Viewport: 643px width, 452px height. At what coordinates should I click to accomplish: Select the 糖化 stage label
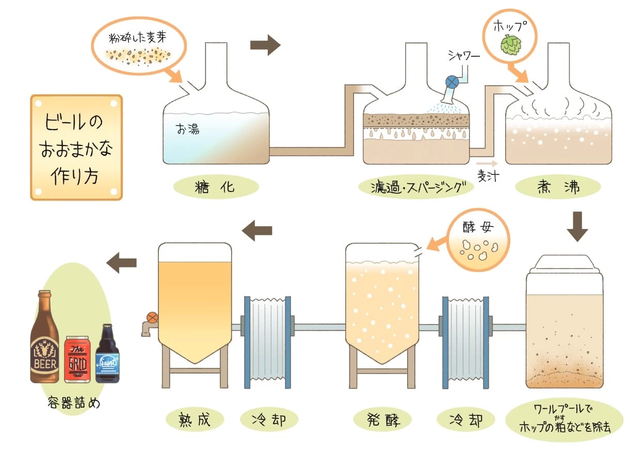pyautogui.click(x=215, y=187)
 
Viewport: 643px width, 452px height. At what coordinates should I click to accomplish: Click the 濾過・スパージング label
pyautogui.click(x=416, y=187)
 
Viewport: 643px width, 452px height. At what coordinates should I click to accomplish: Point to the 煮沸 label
pyautogui.click(x=559, y=187)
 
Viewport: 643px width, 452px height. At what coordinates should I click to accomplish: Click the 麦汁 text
pyautogui.click(x=487, y=175)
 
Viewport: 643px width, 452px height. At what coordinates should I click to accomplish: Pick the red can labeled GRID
pyautogui.click(x=77, y=359)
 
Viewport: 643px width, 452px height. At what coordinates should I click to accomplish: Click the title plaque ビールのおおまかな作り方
pyautogui.click(x=77, y=147)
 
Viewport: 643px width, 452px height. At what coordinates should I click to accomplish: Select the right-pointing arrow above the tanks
pyautogui.click(x=265, y=45)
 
